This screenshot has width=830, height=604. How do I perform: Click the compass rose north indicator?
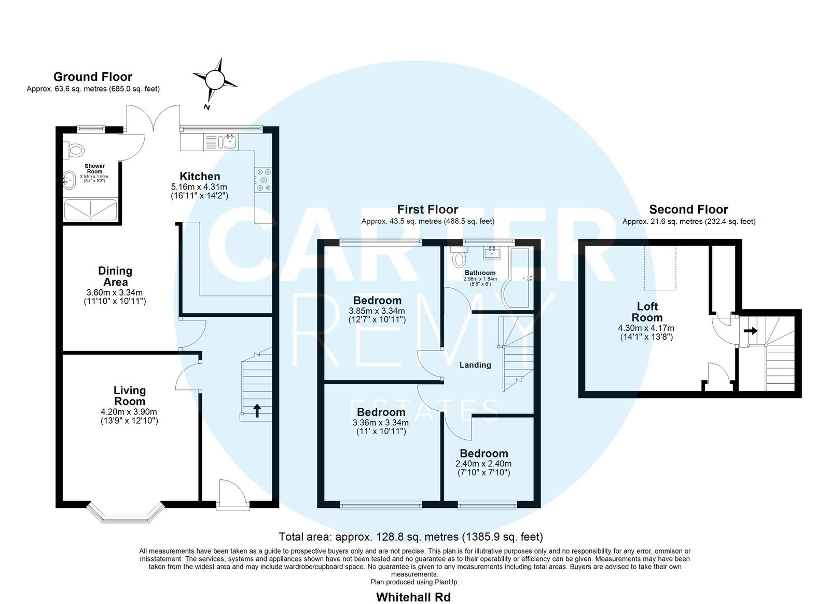tap(215, 80)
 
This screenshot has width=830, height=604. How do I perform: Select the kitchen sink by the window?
tap(229, 141)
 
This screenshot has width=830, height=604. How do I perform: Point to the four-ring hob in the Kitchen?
tap(263, 180)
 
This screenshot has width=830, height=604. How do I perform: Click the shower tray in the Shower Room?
tap(90, 210)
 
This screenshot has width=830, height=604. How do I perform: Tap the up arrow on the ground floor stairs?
tap(257, 411)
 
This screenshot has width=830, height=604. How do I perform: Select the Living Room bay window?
tap(126, 513)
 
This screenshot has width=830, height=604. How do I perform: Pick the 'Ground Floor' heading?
tap(93, 77)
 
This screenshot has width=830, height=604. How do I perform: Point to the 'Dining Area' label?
tap(115, 276)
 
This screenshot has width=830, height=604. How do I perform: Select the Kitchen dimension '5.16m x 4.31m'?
tap(199, 187)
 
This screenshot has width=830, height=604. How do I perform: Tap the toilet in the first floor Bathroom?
tap(459, 257)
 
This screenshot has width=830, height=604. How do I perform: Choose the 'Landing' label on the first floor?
tap(475, 365)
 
